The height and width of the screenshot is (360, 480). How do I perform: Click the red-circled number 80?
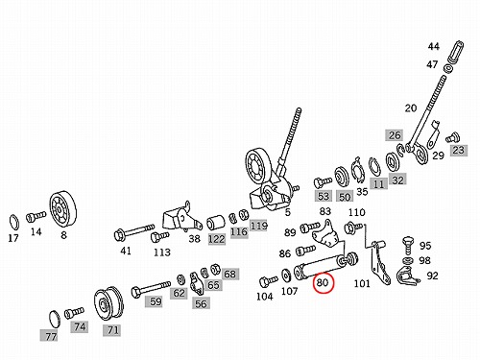(x=323, y=282)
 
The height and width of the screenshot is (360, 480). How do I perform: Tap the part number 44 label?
(x=434, y=47)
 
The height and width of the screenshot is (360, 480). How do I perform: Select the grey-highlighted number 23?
(x=459, y=150)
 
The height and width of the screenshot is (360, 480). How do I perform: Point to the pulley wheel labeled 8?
(x=63, y=209)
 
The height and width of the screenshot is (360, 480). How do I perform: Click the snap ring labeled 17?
(x=13, y=222)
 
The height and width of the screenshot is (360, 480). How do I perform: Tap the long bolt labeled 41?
(x=134, y=231)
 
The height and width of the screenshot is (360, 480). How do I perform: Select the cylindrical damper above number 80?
(x=326, y=266)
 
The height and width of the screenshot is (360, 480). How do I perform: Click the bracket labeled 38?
(x=181, y=218)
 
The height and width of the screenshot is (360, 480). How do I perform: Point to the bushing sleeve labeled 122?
(x=216, y=224)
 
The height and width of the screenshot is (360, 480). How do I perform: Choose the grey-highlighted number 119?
(x=258, y=226)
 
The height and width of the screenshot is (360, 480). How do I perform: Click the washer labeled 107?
(x=286, y=276)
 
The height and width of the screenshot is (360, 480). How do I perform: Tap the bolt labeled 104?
(x=268, y=281)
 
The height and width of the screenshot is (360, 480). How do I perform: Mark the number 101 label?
(x=362, y=283)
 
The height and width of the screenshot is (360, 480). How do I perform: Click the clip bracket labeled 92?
(x=407, y=276)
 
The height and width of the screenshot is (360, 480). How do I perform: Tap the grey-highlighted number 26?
(x=395, y=135)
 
